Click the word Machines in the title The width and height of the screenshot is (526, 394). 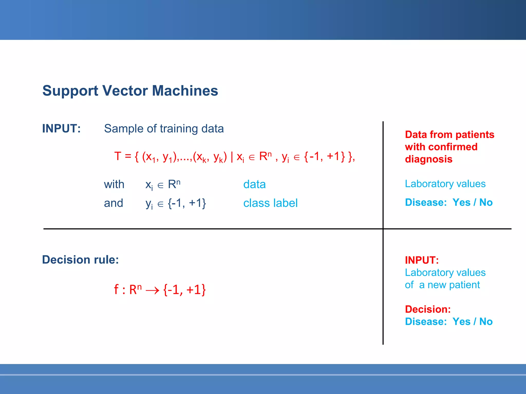pyautogui.click(x=185, y=91)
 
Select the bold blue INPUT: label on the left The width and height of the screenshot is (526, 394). pyautogui.click(x=61, y=129)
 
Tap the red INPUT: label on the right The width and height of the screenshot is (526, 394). pyautogui.click(x=422, y=260)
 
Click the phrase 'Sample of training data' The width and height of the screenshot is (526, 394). pyautogui.click(x=164, y=129)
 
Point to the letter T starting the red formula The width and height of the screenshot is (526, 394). pyautogui.click(x=118, y=156)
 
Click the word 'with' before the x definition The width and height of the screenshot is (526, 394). pyautogui.click(x=114, y=184)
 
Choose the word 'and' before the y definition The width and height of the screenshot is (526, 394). pyautogui.click(x=114, y=203)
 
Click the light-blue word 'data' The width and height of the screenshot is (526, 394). pyautogui.click(x=254, y=184)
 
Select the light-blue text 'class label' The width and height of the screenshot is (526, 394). pyautogui.click(x=270, y=203)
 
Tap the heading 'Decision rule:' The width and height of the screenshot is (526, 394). pyautogui.click(x=80, y=260)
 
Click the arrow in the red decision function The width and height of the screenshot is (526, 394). pyautogui.click(x=152, y=290)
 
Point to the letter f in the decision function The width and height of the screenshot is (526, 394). pyautogui.click(x=116, y=289)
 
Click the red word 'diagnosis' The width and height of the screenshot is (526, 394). pyautogui.click(x=429, y=159)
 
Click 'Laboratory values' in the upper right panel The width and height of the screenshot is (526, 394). pyautogui.click(x=445, y=184)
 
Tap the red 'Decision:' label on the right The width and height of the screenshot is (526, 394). pyautogui.click(x=428, y=309)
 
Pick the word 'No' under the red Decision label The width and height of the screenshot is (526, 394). pyautogui.click(x=486, y=322)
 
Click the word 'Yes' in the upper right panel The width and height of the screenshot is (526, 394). pyautogui.click(x=461, y=203)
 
